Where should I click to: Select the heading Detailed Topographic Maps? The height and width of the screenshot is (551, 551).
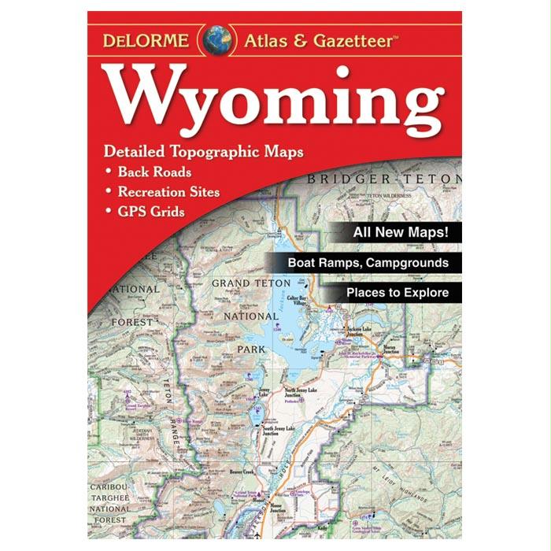pos(203,151)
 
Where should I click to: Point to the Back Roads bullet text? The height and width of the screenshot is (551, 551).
pos(154,172)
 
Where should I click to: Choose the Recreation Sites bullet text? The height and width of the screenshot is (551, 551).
pos(168,191)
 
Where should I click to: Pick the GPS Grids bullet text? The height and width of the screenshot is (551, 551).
pos(151,211)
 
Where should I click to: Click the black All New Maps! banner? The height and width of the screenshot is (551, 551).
pos(401,233)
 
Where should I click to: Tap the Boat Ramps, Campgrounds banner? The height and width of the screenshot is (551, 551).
pos(368,263)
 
